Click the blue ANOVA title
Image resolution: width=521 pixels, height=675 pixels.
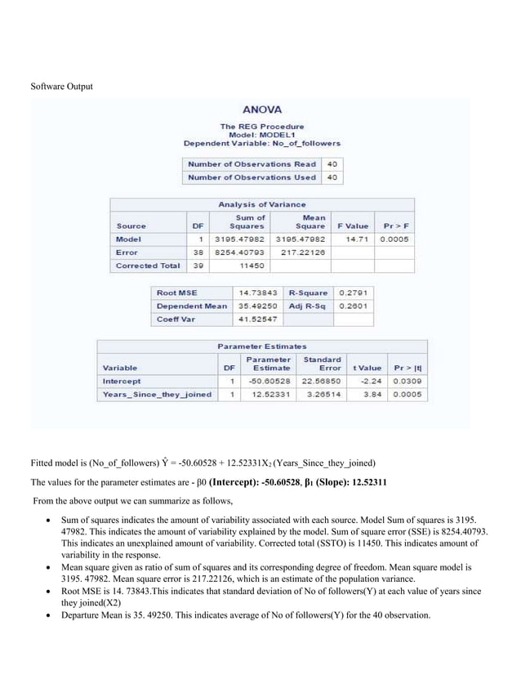[x=262, y=109]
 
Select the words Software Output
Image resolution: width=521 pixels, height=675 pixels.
[x=62, y=87]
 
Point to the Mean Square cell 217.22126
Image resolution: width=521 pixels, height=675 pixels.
[x=302, y=253]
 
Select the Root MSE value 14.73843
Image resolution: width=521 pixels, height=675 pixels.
[x=258, y=293]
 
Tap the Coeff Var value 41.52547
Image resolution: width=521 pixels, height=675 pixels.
[x=258, y=320]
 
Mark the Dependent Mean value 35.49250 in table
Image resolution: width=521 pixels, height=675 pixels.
[x=258, y=306]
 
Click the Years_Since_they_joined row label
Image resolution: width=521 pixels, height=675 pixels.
[x=156, y=395]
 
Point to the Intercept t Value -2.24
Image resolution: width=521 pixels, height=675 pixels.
[x=371, y=381]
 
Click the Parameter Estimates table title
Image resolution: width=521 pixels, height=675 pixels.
[x=262, y=346]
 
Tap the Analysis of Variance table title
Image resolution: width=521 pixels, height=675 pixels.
[x=262, y=204]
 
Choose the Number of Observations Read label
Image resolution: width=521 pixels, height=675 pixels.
[x=252, y=163]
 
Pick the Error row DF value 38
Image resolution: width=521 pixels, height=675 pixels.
[x=199, y=253]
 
